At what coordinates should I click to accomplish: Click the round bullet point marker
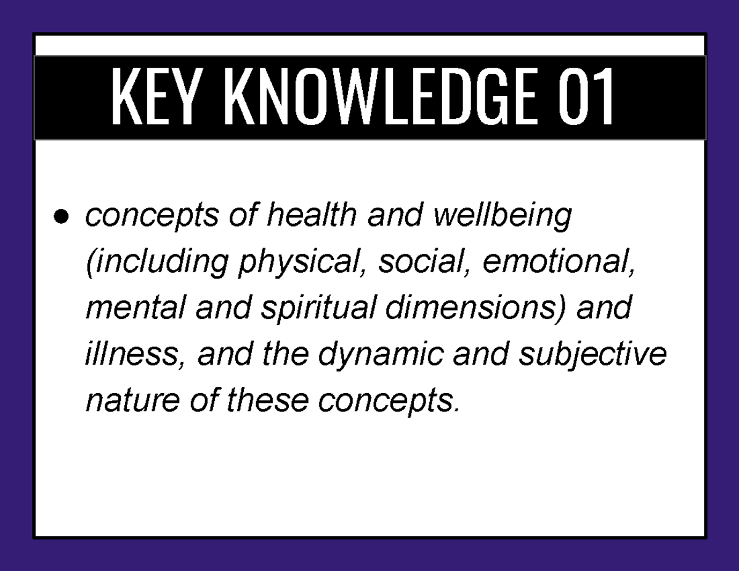click(60, 217)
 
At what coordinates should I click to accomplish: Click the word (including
click(156, 262)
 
